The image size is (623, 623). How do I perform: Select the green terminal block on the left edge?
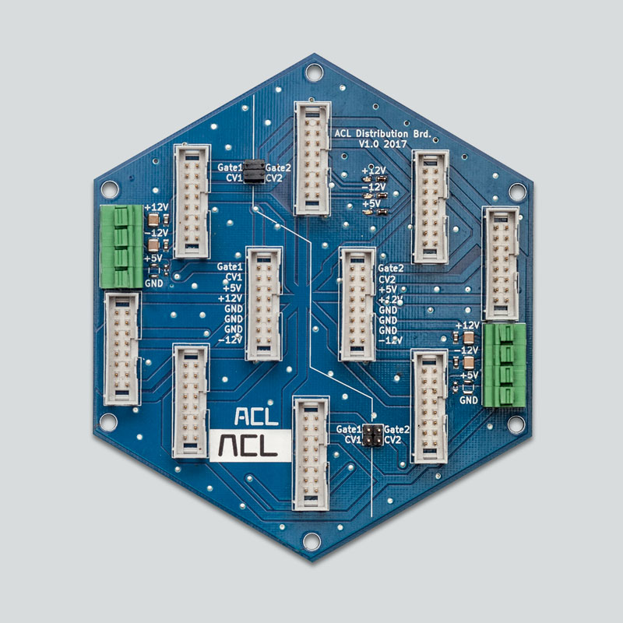coord(121,245)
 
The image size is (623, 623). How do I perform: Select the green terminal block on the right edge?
coord(502,365)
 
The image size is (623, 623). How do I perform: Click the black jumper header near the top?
coord(253,172)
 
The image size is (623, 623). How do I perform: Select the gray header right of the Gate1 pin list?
coord(263,304)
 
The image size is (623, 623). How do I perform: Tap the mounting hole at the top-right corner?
coord(516,190)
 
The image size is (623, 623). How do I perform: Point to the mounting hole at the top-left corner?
coord(107,190)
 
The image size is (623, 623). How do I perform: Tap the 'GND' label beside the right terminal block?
coord(468,400)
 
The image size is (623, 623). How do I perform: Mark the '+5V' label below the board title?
coord(372,205)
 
